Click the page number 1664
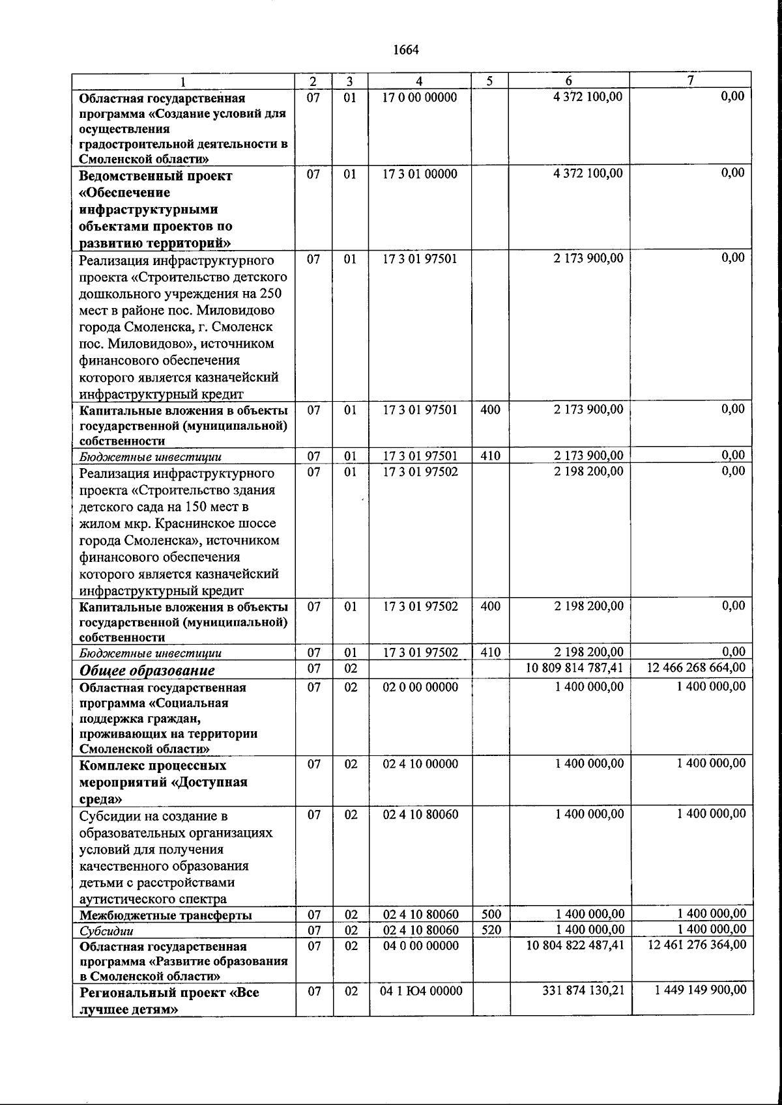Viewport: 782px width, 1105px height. click(x=405, y=50)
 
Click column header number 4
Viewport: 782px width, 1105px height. click(x=420, y=81)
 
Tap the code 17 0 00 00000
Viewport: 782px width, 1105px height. click(x=420, y=98)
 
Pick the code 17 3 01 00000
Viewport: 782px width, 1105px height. click(x=420, y=174)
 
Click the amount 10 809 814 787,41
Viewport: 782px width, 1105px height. click(x=575, y=667)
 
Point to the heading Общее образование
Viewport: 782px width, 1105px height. click(x=147, y=670)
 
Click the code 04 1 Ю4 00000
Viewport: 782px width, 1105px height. click(x=421, y=991)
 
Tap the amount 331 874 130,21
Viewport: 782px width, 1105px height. click(x=583, y=991)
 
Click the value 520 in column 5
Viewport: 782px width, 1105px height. click(x=491, y=930)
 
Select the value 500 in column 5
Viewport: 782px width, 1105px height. click(x=491, y=914)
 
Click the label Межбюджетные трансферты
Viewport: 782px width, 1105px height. click(x=166, y=916)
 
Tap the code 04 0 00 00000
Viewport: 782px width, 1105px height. click(x=420, y=945)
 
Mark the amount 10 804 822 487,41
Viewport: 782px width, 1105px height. click(x=575, y=945)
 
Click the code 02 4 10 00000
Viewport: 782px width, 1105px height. click(x=420, y=764)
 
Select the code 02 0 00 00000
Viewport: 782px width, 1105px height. click(x=420, y=687)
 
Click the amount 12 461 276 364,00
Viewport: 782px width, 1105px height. click(x=697, y=945)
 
